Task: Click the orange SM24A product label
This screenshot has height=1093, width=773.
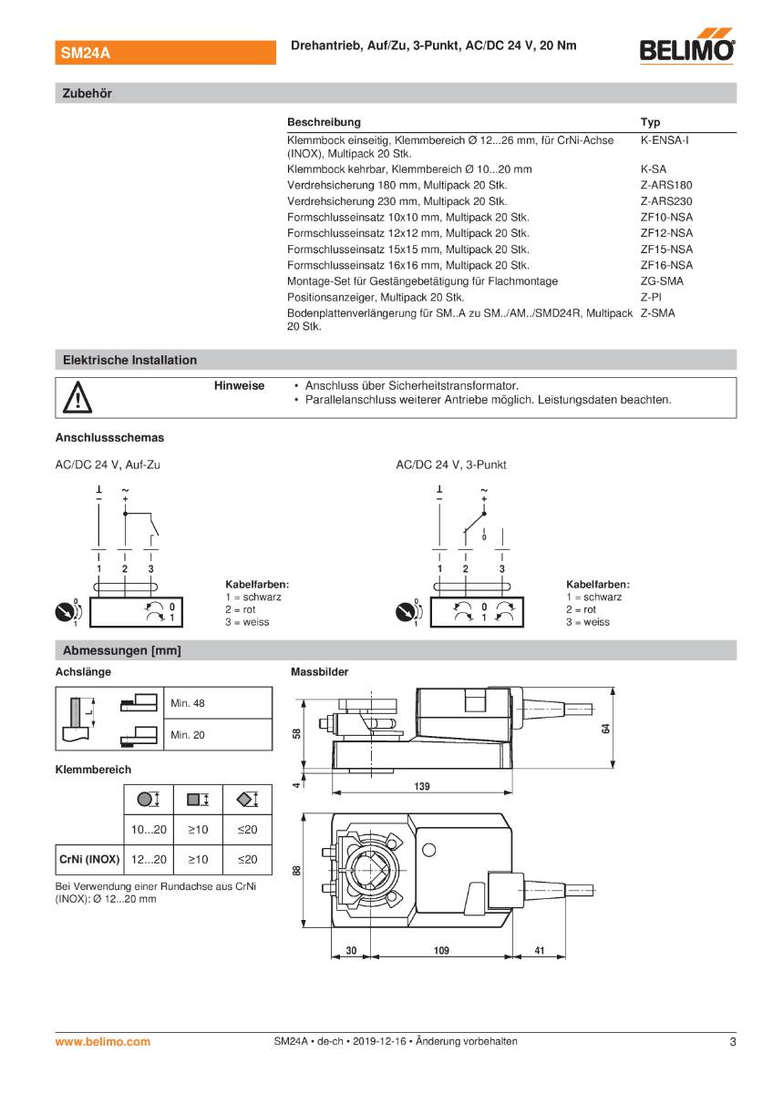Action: [x=86, y=54]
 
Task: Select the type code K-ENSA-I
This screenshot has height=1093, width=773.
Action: [x=664, y=141]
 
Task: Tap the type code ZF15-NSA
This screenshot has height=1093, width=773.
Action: [x=666, y=250]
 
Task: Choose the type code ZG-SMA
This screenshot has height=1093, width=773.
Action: [x=662, y=281]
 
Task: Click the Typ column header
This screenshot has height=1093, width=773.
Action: [x=650, y=122]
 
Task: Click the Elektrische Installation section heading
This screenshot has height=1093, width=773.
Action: [x=129, y=360]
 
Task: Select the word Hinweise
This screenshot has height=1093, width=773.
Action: [x=239, y=386]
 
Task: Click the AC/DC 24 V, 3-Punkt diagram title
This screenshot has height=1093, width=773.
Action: [x=450, y=465]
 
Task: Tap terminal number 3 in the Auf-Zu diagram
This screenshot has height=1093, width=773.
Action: [x=151, y=568]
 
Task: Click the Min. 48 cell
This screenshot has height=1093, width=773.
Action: [x=188, y=703]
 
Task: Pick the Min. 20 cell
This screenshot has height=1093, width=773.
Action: [x=188, y=735]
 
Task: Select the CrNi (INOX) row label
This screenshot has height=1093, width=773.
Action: [x=88, y=859]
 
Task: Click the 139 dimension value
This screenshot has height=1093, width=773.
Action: [x=422, y=785]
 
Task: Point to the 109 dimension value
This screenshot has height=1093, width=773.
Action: [x=441, y=951]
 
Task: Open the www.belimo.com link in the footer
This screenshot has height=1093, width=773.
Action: [x=103, y=1042]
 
